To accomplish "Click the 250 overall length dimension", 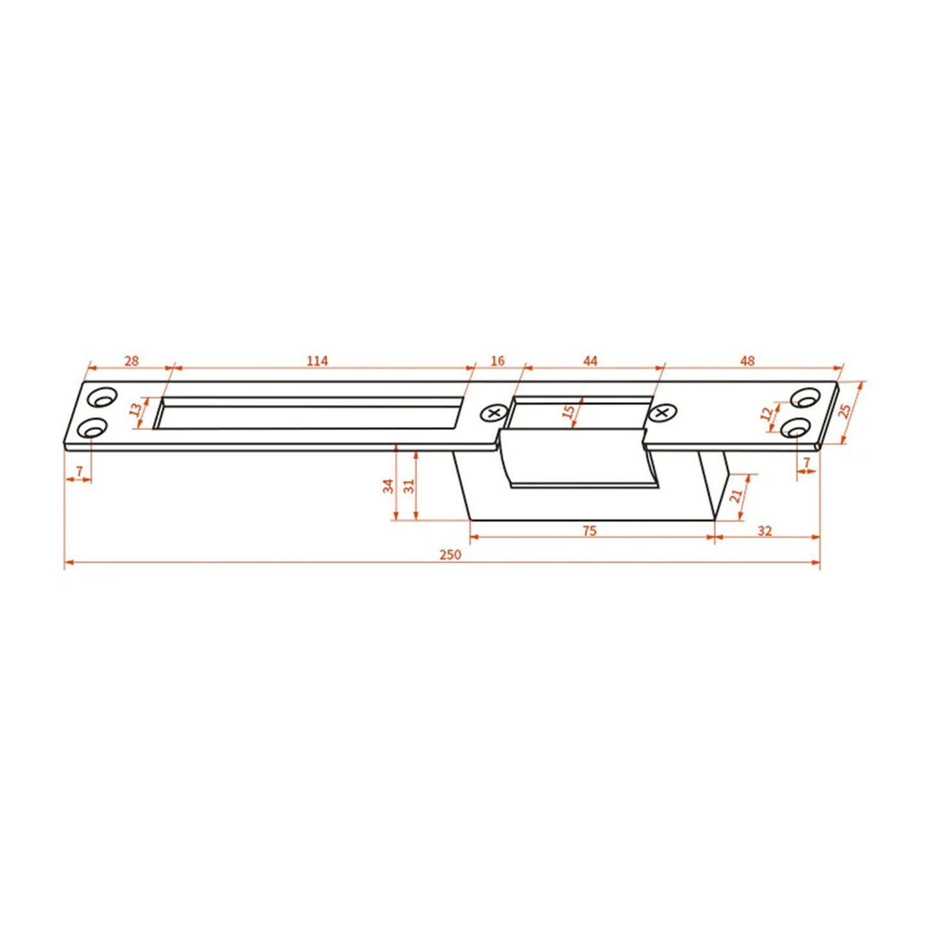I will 450,554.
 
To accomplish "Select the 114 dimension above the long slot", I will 317,361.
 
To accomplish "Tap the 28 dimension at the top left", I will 132,361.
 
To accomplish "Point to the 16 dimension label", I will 497,361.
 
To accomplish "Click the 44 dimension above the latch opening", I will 590,361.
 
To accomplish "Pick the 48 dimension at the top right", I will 747,361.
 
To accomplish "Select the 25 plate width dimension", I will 846,411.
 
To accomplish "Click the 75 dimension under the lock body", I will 590,531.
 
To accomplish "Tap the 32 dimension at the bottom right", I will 765,531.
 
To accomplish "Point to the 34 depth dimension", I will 388,486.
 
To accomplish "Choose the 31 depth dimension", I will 409,486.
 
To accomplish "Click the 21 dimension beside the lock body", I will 736,495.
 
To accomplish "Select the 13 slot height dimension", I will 135,409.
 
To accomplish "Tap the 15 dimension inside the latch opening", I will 568,412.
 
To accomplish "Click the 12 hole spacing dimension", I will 767,414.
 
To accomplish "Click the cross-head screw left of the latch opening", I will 493,413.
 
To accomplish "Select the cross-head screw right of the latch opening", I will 662,413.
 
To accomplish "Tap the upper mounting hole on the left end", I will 101,398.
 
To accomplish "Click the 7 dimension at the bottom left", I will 79,472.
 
